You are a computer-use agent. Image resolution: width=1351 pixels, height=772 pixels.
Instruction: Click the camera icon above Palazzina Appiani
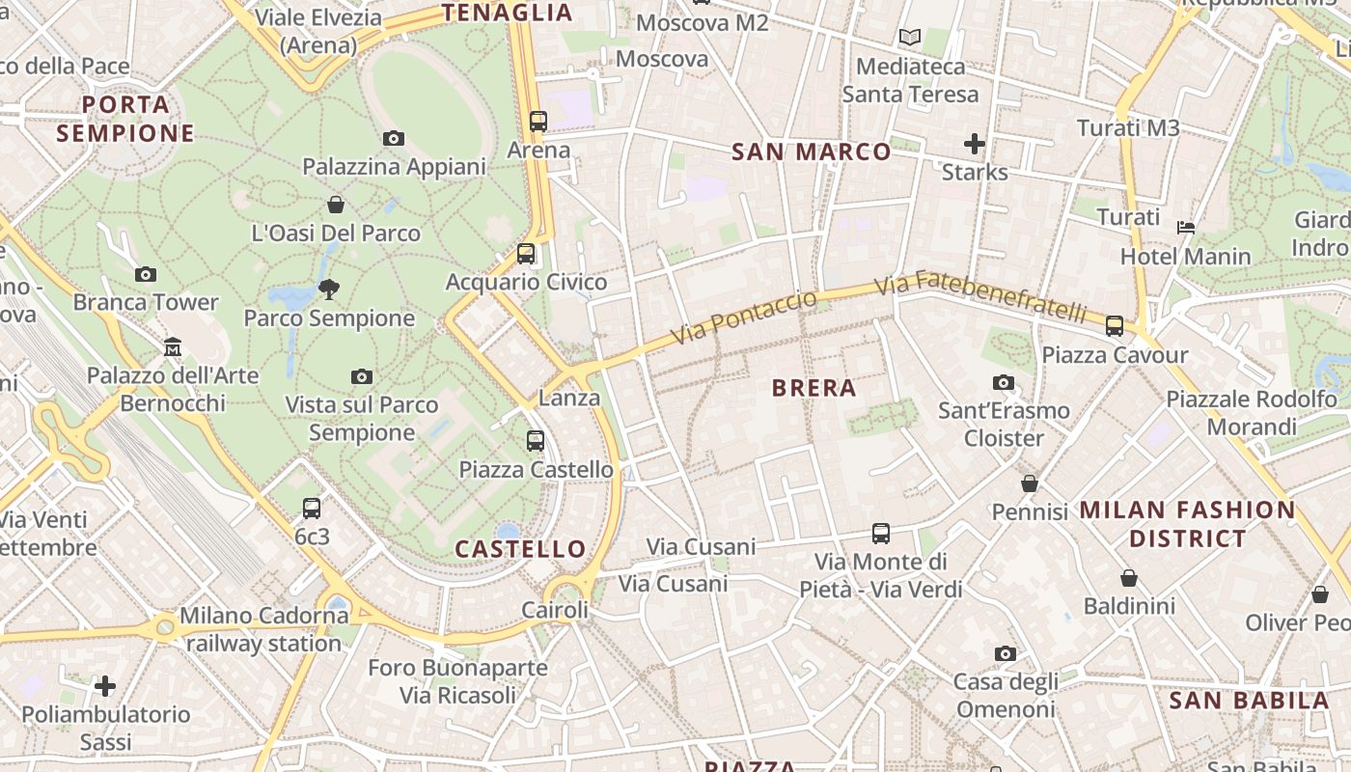(x=393, y=138)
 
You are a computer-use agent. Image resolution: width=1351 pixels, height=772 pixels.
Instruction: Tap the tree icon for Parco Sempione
(x=329, y=289)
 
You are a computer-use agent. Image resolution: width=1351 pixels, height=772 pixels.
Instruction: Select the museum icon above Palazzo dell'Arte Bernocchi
(x=173, y=346)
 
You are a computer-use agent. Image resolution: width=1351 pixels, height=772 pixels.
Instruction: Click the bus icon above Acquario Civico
(x=526, y=254)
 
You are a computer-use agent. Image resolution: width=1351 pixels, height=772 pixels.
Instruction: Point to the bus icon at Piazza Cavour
(x=1115, y=326)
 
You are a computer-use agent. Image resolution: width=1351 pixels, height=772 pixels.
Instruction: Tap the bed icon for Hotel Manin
(x=1186, y=228)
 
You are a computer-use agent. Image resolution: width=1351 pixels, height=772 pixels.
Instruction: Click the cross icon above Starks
(x=975, y=144)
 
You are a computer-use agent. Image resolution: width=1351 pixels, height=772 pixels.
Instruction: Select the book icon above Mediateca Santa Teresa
(x=910, y=38)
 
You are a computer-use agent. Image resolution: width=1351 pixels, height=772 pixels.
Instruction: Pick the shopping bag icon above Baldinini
(x=1128, y=578)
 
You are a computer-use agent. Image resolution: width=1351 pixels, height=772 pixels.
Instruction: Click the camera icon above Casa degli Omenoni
(x=1005, y=653)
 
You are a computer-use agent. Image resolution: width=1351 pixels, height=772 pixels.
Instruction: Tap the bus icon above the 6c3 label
(x=312, y=508)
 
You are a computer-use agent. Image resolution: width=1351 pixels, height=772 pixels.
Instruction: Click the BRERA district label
(x=814, y=388)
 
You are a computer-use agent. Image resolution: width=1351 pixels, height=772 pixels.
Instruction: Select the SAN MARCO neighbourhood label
(x=812, y=152)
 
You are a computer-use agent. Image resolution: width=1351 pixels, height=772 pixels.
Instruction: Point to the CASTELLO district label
(x=520, y=549)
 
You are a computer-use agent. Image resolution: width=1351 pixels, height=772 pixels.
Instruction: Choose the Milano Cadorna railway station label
(x=262, y=629)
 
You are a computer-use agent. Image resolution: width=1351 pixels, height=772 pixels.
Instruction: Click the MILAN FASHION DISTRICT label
(x=1187, y=524)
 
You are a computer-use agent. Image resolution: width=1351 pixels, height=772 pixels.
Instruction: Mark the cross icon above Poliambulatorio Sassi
(x=105, y=686)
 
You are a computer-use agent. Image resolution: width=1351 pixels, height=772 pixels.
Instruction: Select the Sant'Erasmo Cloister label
(x=1004, y=425)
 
